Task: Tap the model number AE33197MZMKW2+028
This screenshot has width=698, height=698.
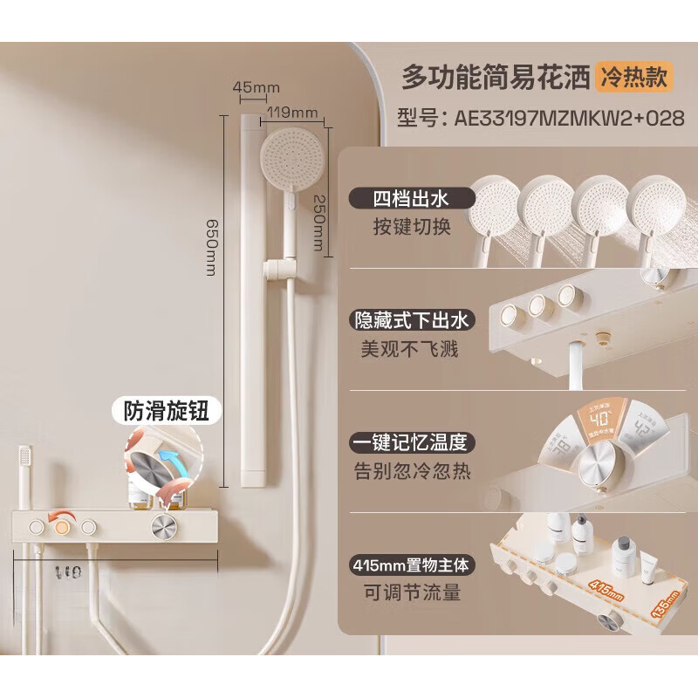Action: [x=540, y=119]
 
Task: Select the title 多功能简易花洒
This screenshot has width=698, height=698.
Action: [x=495, y=77]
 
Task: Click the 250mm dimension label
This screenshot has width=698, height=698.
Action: [x=319, y=224]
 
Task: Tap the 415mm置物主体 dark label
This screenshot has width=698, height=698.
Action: [x=411, y=565]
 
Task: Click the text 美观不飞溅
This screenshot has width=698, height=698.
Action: [x=408, y=350]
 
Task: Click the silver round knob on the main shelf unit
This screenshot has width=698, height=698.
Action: [x=163, y=527]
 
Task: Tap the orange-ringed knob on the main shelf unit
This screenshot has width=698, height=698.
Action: [x=61, y=527]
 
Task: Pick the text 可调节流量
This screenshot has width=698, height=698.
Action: [x=411, y=594]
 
